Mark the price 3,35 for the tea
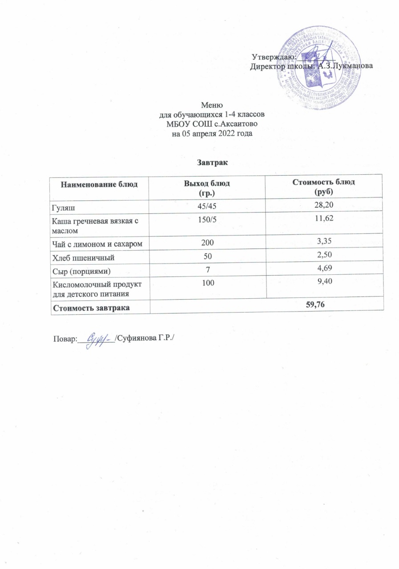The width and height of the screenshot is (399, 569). point(323,241)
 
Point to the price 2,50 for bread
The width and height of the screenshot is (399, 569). point(323,256)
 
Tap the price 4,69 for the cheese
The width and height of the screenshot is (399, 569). point(323,271)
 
